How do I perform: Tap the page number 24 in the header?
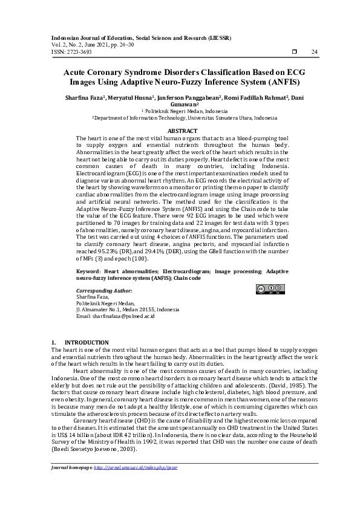point(314,52)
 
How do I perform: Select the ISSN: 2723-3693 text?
point(71,52)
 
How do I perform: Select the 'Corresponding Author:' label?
point(103,290)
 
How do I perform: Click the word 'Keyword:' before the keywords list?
point(90,272)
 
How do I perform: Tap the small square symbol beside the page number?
point(294,52)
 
